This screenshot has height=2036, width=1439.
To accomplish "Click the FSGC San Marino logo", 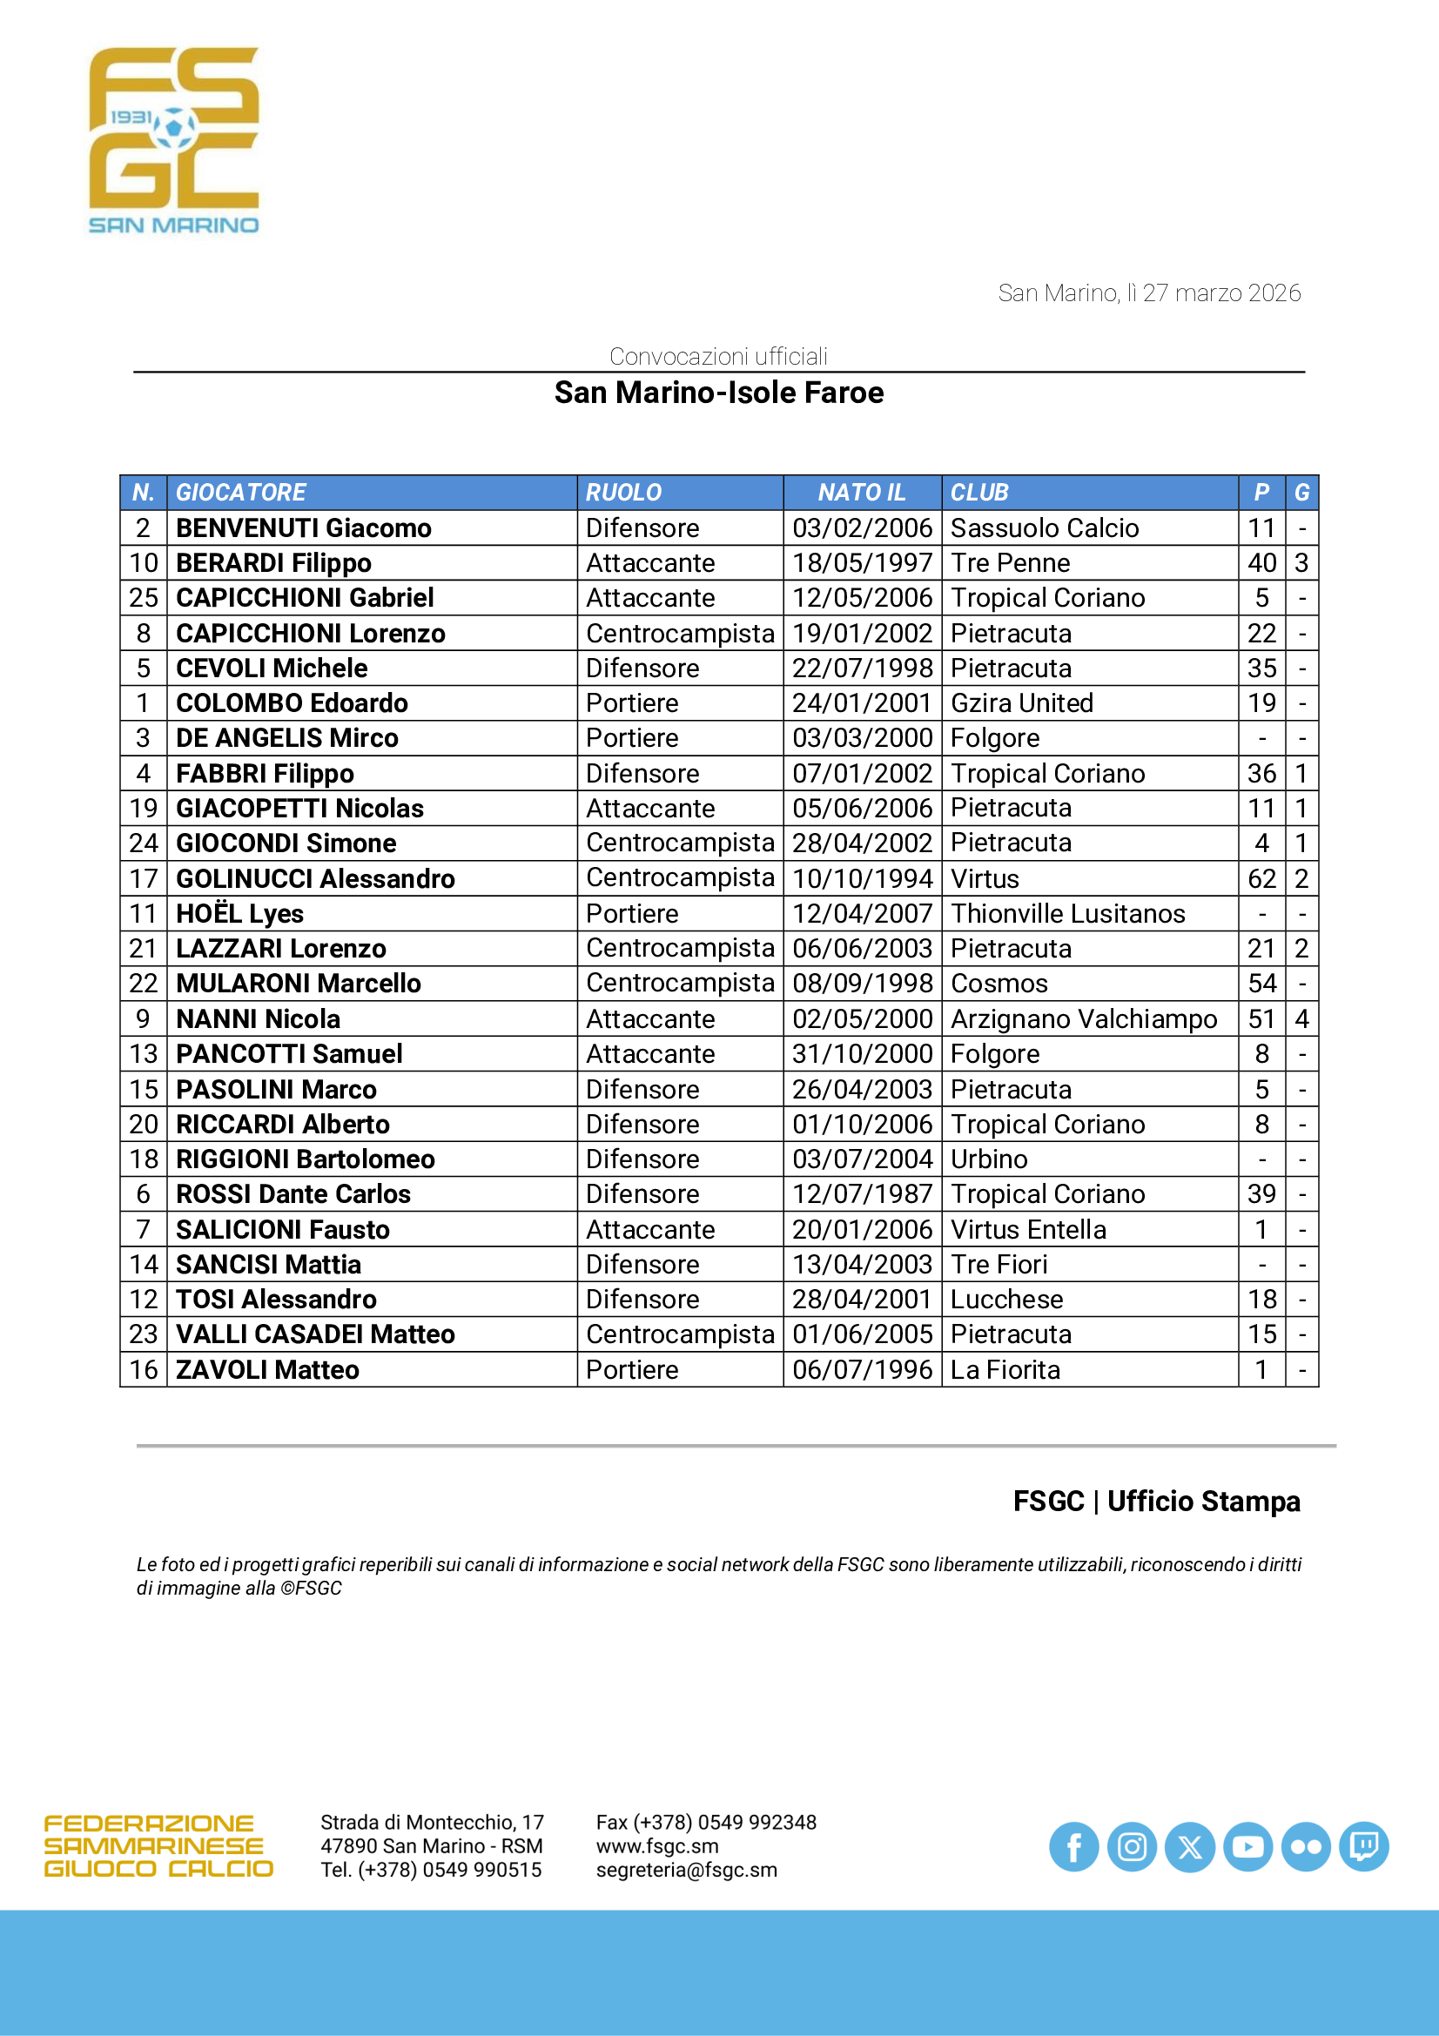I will tap(174, 140).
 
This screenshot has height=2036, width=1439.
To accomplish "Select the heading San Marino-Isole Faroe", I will tap(718, 393).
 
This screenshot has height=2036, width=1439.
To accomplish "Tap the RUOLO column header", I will tap(623, 492).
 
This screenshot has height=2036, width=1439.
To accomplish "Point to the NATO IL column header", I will tap(861, 492).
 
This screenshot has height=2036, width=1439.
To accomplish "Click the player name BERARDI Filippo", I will tap(273, 563).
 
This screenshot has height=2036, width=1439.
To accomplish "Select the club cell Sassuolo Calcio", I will tap(1044, 527).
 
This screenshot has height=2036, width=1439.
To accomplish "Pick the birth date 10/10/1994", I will tap(862, 879).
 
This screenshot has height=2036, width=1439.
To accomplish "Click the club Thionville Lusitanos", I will tap(1066, 913).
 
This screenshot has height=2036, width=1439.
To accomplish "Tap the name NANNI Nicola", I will tap(258, 1019).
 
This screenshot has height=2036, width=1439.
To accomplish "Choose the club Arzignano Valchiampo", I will tap(1083, 1019).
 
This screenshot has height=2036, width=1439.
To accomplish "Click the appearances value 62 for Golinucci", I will tap(1261, 879).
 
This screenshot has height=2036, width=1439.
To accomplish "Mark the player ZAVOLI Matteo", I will tap(267, 1369).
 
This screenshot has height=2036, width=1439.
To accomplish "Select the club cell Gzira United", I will tap(1021, 703).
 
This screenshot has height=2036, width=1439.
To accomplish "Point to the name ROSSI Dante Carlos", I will tap(293, 1193).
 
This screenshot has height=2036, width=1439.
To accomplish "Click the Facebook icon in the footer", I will tap(1073, 1847).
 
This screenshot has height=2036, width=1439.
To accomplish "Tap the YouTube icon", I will tap(1247, 1847).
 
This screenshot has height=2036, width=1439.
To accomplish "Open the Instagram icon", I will tap(1132, 1847).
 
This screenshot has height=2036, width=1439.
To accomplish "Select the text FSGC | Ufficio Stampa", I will tap(1156, 1502).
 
